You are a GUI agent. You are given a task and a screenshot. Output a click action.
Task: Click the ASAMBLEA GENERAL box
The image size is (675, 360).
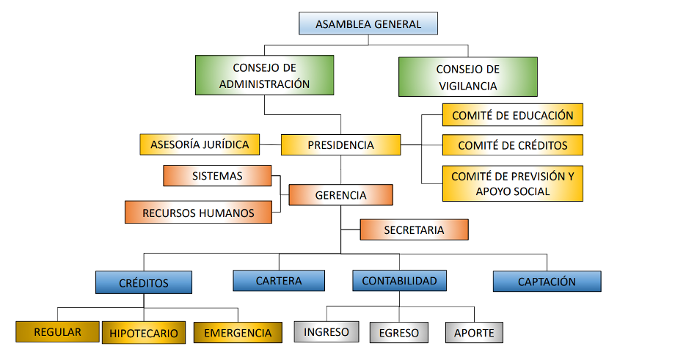pyautogui.click(x=368, y=24)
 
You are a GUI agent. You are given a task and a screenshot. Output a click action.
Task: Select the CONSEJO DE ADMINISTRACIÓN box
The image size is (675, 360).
pyautogui.click(x=265, y=76)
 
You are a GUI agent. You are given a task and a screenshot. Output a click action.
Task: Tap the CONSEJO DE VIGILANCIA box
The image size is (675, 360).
pyautogui.click(x=467, y=77)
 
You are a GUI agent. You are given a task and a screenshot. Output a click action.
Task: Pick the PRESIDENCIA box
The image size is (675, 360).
pyautogui.click(x=341, y=144)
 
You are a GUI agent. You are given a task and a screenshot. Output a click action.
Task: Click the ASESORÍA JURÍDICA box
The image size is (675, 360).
pyautogui.click(x=200, y=144)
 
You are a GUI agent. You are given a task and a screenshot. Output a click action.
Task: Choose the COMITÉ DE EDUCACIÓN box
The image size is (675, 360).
pyautogui.click(x=512, y=115)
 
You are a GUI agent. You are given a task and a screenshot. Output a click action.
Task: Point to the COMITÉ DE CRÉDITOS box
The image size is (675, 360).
pyautogui.click(x=512, y=145)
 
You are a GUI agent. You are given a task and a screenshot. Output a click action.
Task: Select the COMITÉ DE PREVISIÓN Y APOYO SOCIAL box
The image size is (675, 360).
pyautogui.click(x=512, y=184)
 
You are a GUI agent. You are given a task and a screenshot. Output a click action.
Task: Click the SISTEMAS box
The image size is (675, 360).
pyautogui.click(x=217, y=176)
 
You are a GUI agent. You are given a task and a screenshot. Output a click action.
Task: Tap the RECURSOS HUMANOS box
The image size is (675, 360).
pyautogui.click(x=199, y=213)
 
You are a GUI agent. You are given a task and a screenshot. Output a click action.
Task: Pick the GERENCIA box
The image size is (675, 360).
pyautogui.click(x=340, y=196)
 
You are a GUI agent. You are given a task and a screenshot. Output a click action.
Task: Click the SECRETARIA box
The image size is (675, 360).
pyautogui.click(x=414, y=229)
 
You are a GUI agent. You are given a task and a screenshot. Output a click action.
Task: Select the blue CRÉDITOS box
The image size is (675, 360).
pyautogui.click(x=144, y=282)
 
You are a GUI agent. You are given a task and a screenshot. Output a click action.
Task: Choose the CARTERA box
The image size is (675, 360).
pyautogui.click(x=279, y=281)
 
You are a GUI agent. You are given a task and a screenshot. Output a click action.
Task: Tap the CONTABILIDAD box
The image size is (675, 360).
pyautogui.click(x=399, y=281)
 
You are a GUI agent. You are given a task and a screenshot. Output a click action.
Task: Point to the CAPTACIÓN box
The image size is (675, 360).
pyautogui.click(x=547, y=282)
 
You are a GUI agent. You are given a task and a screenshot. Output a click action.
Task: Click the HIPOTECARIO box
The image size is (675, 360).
pyautogui.click(x=144, y=333)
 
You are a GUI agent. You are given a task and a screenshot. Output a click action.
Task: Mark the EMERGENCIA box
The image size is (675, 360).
pyautogui.click(x=238, y=333)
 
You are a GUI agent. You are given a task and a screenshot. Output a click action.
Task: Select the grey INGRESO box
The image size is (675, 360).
pyautogui.click(x=326, y=331)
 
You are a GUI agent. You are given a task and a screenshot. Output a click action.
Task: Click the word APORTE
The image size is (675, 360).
pyautogui.click(x=474, y=333)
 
